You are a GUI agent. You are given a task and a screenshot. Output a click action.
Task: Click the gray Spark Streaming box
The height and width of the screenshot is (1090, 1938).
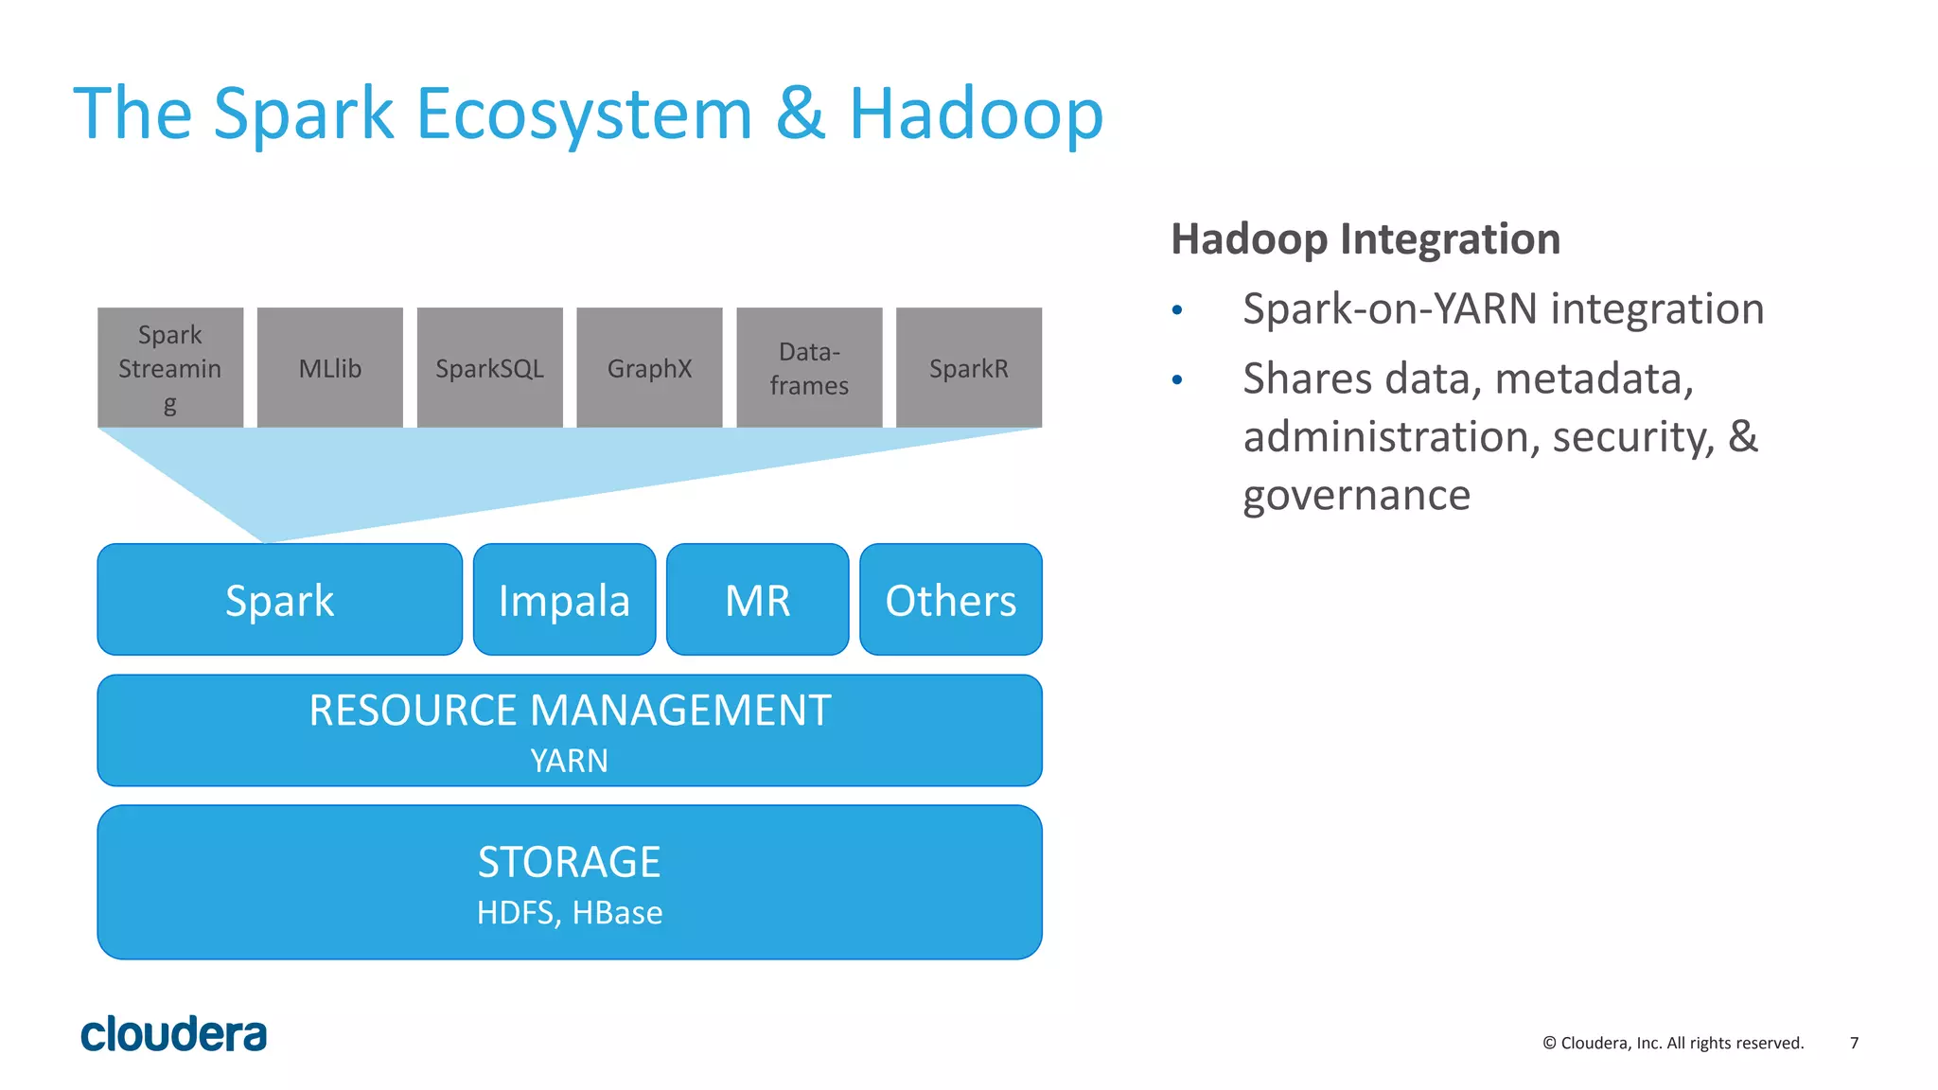[170, 367]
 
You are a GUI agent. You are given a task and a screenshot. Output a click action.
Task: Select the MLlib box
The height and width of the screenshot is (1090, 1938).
[329, 367]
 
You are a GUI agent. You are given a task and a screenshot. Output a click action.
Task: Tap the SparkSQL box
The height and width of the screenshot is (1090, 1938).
[489, 367]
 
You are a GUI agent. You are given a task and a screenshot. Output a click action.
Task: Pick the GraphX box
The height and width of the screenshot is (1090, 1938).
[649, 367]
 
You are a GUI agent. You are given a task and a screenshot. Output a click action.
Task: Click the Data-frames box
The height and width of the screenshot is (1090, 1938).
[809, 367]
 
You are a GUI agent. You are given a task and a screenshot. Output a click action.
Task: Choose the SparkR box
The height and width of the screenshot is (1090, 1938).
[968, 367]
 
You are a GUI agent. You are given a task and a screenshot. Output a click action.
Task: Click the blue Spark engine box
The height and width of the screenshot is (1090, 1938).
[279, 600]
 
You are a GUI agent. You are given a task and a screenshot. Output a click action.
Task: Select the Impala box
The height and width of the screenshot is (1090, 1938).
[564, 600]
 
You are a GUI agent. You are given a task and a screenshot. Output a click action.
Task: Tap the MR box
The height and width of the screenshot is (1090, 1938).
[757, 600]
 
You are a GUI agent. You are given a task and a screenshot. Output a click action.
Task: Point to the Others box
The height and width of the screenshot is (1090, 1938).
[950, 600]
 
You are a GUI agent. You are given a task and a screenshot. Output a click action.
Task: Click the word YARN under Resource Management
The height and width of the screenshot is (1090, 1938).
[569, 761]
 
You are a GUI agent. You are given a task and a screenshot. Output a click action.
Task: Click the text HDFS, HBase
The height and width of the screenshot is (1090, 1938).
[569, 913]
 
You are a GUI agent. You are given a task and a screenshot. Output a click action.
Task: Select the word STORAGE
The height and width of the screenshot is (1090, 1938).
[569, 862]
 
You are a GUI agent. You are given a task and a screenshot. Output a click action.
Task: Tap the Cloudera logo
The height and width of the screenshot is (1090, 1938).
[173, 1035]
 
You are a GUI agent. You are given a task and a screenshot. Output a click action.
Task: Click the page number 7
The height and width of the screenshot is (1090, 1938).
[1854, 1043]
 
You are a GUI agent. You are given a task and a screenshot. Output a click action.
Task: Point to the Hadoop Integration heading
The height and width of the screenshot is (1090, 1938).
[1365, 238]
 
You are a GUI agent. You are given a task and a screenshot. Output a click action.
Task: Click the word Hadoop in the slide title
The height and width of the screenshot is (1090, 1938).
[976, 114]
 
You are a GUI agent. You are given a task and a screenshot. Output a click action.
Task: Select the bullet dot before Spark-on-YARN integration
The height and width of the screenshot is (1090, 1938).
[1177, 310]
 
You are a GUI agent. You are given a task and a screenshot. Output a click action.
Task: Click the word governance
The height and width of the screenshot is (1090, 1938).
[1356, 496]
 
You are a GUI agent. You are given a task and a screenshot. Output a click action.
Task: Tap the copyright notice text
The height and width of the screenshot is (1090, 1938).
[1673, 1043]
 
